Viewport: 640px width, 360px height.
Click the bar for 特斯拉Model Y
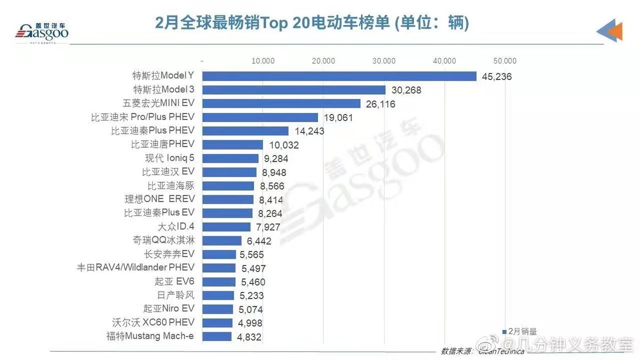coord(339,76)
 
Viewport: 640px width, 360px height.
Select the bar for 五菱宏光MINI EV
coord(281,104)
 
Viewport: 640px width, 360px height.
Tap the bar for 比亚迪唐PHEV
coord(233,145)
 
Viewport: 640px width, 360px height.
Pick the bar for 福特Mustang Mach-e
coord(217,337)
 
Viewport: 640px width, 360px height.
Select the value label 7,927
coord(268,227)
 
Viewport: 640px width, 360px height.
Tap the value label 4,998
coord(250,323)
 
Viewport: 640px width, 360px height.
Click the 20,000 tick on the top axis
coord(324,61)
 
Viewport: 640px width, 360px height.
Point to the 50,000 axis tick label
coord(505,61)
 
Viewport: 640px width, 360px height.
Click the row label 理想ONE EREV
coord(159,199)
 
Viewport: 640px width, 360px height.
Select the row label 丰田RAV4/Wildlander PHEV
coord(136,268)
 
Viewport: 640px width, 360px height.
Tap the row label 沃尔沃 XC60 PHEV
coord(153,322)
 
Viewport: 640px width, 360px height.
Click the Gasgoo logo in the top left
coord(42,32)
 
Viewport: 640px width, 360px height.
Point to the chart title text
coord(311,23)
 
